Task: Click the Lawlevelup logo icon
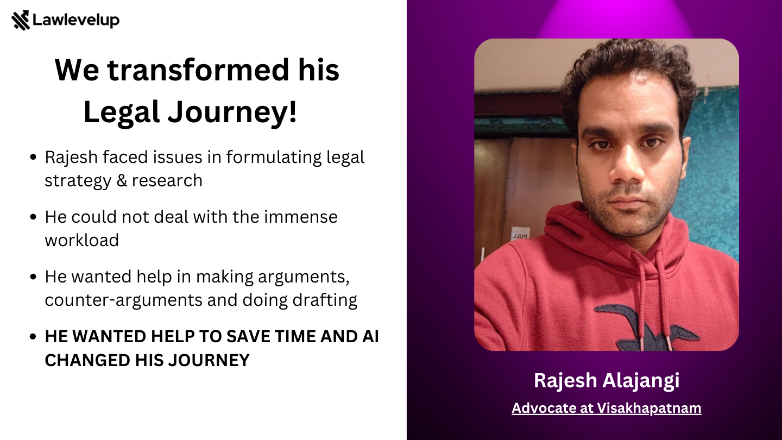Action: (x=21, y=20)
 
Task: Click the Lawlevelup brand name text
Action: (x=76, y=20)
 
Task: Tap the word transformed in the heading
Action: (x=198, y=70)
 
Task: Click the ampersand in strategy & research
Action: (x=122, y=180)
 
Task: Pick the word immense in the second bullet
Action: (x=301, y=217)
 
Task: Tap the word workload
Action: (x=82, y=240)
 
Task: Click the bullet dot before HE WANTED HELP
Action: (x=33, y=337)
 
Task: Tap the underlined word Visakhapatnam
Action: (x=649, y=408)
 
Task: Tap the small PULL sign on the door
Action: (x=520, y=236)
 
